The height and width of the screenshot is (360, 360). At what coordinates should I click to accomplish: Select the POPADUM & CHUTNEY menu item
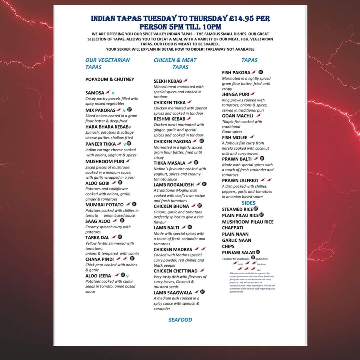click(110, 79)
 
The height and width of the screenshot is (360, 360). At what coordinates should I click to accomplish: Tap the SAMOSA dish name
click(95, 93)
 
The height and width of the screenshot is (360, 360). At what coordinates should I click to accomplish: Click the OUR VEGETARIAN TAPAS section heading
click(107, 63)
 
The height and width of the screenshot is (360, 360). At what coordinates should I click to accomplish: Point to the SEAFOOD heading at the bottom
click(180, 320)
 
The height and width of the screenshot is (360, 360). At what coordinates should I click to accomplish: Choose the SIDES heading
click(249, 203)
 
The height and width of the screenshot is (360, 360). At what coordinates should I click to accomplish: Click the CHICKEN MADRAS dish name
click(173, 249)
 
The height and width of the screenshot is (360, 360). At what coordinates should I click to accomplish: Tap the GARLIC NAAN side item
click(237, 240)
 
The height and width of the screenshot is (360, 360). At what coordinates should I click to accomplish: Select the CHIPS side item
click(228, 246)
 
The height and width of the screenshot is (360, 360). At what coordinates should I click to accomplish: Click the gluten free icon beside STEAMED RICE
click(256, 209)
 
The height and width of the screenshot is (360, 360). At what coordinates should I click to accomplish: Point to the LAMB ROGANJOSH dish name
click(174, 185)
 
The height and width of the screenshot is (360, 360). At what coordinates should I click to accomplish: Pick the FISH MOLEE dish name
click(235, 137)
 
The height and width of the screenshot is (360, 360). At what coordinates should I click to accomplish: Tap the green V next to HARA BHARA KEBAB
click(130, 127)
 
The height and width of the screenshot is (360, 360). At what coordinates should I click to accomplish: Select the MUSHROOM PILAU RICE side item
click(248, 222)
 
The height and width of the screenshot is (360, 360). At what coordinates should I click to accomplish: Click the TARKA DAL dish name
click(97, 237)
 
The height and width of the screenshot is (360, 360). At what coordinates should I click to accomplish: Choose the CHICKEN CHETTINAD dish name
click(176, 271)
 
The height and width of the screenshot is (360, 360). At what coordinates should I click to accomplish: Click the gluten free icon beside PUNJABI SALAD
click(258, 252)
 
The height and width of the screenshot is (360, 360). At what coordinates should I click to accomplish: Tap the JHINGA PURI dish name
click(236, 94)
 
